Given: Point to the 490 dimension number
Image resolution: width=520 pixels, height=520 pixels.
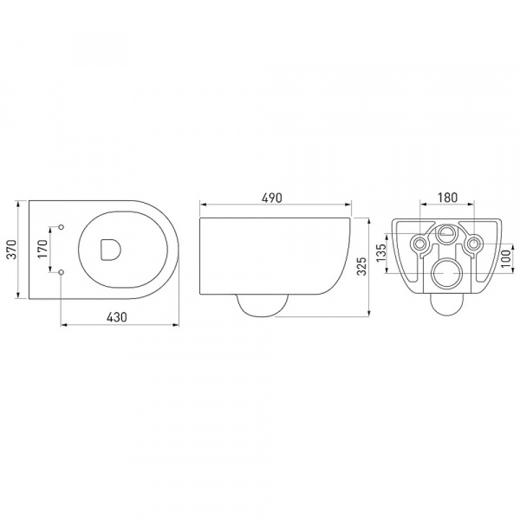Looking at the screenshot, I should click(x=274, y=198).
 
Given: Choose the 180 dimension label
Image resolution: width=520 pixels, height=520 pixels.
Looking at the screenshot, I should click(x=446, y=198).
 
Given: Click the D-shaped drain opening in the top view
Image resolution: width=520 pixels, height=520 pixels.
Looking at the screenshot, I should click(x=110, y=250).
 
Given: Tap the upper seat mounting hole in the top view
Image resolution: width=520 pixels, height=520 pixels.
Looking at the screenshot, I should click(x=62, y=228).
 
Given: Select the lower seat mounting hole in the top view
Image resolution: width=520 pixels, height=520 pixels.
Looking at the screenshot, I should click(x=62, y=273).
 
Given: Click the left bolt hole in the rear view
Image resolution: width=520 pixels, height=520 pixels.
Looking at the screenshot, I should click(x=420, y=244).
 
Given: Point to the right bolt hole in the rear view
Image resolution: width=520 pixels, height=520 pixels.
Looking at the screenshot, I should click(x=473, y=244).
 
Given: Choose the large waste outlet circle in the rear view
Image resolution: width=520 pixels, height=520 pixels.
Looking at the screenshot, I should click(x=446, y=274).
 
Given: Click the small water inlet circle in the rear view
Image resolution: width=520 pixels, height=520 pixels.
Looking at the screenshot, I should click(x=446, y=233).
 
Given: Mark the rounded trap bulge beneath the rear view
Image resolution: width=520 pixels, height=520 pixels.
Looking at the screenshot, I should click(x=446, y=304).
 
